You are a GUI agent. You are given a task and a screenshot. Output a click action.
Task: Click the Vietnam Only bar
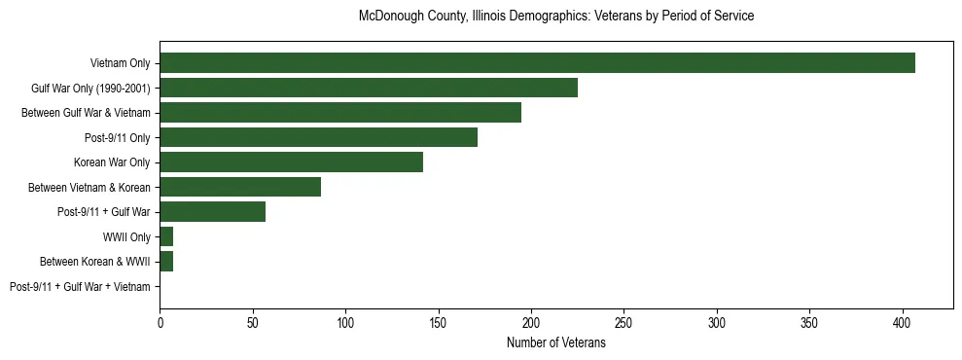537,63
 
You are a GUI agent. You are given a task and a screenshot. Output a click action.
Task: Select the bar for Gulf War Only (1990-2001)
369,88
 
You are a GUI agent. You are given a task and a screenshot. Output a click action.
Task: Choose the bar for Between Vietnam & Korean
240,187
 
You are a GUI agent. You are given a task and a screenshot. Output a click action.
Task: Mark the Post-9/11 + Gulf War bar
212,212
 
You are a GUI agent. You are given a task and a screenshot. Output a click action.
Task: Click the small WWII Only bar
166,236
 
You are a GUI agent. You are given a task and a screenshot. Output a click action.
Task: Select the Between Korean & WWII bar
166,262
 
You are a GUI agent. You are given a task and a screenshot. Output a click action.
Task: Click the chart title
556,17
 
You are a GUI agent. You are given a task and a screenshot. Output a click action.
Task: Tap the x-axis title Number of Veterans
556,343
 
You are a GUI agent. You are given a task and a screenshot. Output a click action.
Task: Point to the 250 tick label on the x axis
624,321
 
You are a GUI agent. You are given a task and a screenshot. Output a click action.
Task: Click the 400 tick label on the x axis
903,321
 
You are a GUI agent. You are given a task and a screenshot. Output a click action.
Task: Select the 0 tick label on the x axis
160,321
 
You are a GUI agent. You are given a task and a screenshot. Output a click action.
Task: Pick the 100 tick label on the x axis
345,321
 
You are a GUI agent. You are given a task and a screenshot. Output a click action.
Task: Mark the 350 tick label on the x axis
810,321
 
